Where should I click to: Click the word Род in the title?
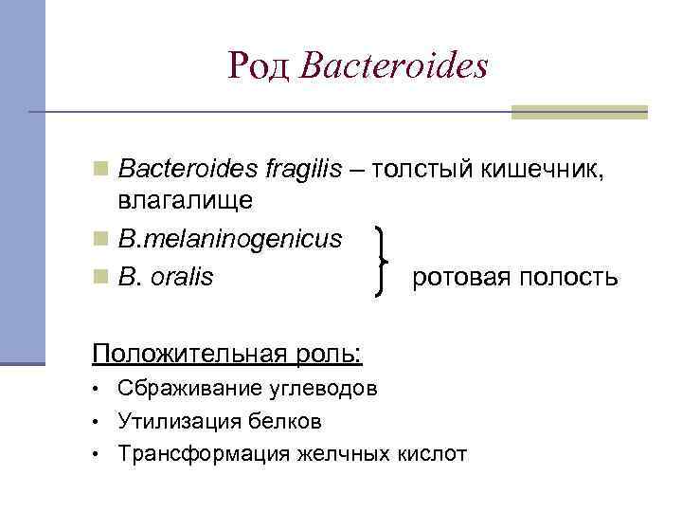(x=260, y=65)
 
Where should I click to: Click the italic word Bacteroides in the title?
(x=393, y=65)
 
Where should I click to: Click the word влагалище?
(x=186, y=200)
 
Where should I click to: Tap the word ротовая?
(x=453, y=278)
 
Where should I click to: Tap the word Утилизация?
(x=170, y=421)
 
